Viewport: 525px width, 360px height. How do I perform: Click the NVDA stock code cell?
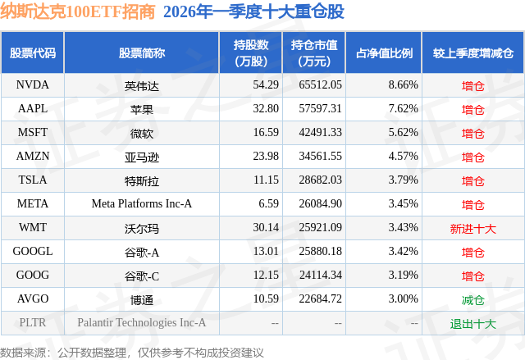click(x=33, y=84)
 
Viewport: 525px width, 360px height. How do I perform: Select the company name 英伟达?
click(x=142, y=84)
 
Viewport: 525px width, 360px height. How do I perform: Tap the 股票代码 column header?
click(x=33, y=53)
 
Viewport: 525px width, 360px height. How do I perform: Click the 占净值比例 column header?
click(x=384, y=53)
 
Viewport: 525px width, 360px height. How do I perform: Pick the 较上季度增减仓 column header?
click(x=473, y=53)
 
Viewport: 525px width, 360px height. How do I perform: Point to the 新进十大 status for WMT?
click(x=473, y=228)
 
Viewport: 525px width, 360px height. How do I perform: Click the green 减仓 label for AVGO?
click(x=473, y=299)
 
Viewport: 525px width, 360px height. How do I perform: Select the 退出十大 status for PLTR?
click(x=473, y=323)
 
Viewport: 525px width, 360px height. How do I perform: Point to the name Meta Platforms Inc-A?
click(x=142, y=204)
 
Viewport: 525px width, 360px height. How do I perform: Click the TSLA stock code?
click(x=33, y=180)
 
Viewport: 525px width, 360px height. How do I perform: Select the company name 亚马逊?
click(x=142, y=156)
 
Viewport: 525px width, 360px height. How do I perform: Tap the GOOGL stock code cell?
click(x=33, y=252)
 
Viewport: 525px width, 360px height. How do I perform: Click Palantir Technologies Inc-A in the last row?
click(x=142, y=323)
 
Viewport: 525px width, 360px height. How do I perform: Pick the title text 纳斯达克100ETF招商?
click(x=76, y=12)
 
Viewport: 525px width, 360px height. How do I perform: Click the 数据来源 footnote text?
click(x=132, y=352)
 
